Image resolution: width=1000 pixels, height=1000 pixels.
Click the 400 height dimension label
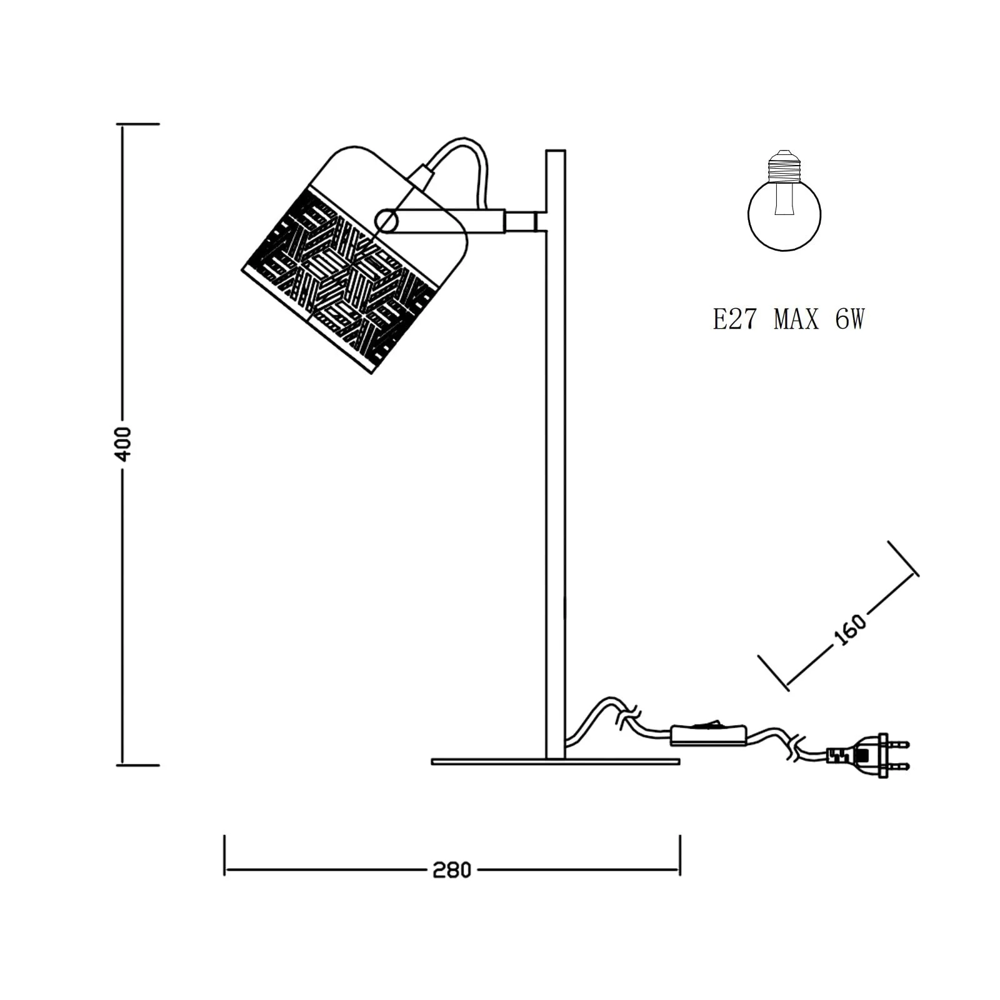[x=124, y=444]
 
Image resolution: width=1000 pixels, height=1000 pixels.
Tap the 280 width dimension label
[x=451, y=870]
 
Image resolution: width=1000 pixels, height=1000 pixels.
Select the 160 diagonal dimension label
[x=850, y=629]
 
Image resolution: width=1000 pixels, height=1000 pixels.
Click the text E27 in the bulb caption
[x=734, y=320]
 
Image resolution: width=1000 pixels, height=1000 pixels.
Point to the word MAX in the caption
[x=796, y=320]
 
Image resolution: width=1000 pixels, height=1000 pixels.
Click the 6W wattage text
[x=849, y=320]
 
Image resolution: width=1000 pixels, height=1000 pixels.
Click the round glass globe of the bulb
[x=784, y=216]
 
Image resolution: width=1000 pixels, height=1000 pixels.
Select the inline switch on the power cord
[x=709, y=736]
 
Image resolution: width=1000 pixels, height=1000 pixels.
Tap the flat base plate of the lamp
[x=555, y=762]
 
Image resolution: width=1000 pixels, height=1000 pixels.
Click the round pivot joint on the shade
[x=387, y=221]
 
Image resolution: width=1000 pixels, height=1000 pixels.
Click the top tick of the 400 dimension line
[x=138, y=124]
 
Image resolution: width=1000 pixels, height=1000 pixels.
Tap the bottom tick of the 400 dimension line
[x=138, y=764]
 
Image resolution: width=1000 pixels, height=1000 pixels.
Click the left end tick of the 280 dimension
[x=225, y=855]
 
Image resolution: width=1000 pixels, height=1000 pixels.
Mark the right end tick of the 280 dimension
[x=679, y=855]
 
